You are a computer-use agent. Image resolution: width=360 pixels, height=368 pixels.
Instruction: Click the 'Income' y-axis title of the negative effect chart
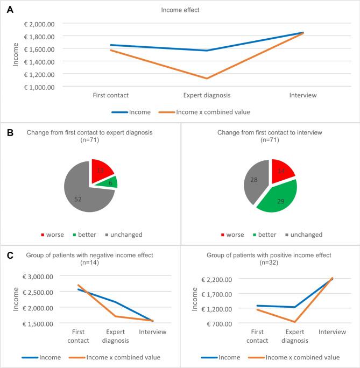click(16, 299)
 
